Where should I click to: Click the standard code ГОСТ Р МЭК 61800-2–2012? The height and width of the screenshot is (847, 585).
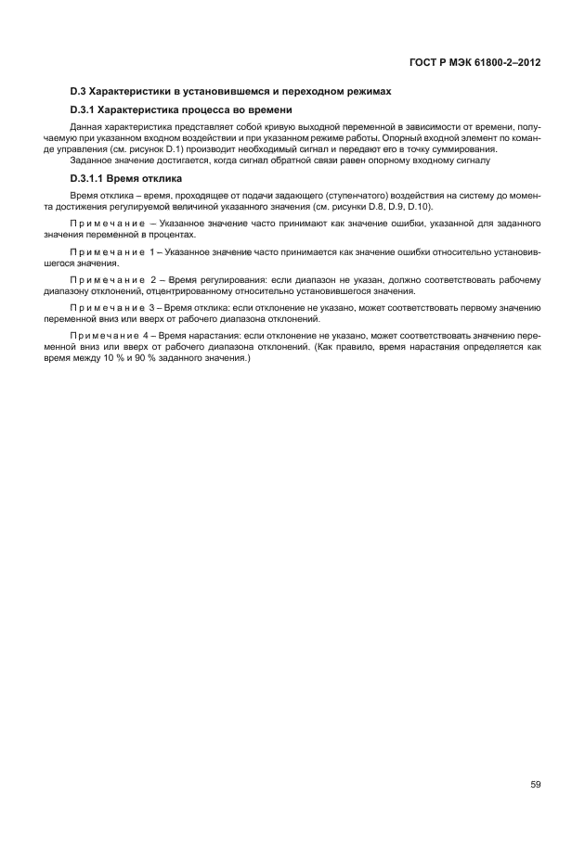pos(474,63)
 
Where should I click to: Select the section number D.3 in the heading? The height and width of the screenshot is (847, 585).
pos(78,91)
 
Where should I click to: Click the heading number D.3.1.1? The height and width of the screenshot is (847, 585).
pos(90,177)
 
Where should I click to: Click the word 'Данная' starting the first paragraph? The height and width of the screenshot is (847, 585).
pos(86,124)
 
